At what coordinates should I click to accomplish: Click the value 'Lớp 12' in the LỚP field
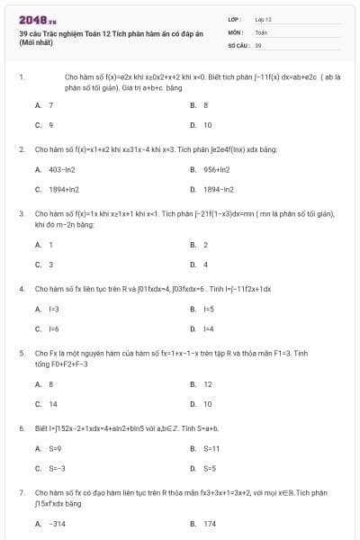click(264, 18)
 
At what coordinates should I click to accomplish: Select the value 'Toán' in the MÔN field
click(261, 31)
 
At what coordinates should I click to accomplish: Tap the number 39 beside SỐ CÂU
click(258, 44)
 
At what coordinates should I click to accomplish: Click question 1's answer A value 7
click(50, 105)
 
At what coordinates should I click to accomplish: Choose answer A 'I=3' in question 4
click(53, 309)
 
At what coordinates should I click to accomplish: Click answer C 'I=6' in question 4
click(53, 328)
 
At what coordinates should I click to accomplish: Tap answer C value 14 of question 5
click(52, 403)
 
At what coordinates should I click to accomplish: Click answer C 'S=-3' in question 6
click(57, 468)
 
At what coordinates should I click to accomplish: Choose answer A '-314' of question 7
click(57, 523)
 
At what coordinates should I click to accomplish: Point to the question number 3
click(21, 213)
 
